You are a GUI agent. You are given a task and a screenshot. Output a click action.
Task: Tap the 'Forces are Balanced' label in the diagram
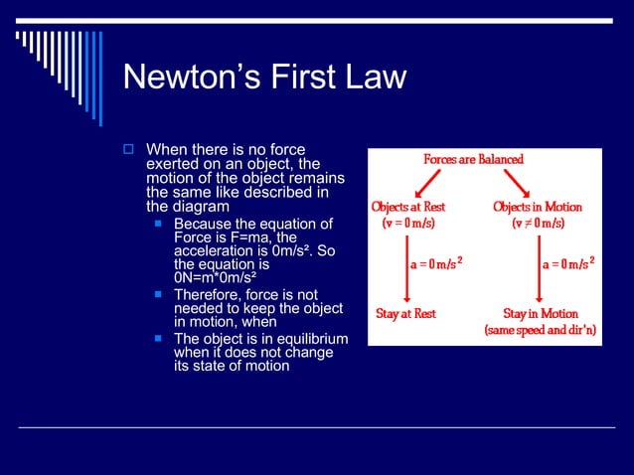473,159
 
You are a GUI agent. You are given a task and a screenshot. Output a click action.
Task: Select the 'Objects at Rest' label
408,207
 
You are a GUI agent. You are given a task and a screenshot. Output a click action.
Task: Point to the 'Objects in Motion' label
538,207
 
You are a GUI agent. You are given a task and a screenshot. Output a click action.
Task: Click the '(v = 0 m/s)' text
408,224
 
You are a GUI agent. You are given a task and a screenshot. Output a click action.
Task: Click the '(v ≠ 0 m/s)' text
538,224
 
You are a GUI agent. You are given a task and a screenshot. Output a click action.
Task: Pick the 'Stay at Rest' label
405,313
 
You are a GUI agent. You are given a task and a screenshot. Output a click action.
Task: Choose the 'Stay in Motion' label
541,313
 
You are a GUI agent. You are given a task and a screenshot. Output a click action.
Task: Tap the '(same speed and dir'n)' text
541,330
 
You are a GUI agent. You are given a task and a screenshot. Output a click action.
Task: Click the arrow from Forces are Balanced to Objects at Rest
428,181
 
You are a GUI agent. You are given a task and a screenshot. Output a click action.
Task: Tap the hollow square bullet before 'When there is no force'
127,150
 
